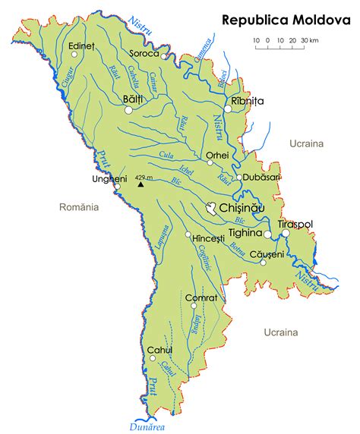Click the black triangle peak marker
pyautogui.click(x=141, y=183)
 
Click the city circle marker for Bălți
pyautogui.click(x=128, y=110)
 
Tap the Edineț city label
pyautogui.click(x=81, y=46)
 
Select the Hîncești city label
pyautogui.click(x=210, y=238)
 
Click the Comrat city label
pyautogui.click(x=202, y=298)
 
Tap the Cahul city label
pyautogui.click(x=160, y=350)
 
